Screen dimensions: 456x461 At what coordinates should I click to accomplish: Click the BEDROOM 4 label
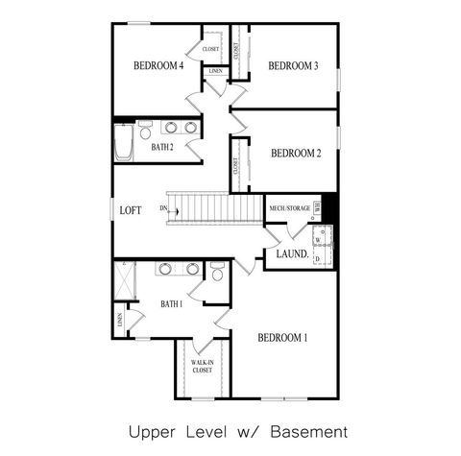[x=158, y=66]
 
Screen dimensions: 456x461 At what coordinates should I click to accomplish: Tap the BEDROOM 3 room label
[x=293, y=66]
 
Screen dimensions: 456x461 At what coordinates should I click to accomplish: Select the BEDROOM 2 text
[x=295, y=153]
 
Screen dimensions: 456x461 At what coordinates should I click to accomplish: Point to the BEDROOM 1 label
[x=282, y=337]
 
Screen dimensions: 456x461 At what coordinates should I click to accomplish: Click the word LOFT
[x=131, y=210]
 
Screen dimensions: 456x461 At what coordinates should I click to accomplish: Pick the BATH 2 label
[x=162, y=147]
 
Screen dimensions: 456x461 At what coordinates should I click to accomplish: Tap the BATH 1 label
[x=171, y=304]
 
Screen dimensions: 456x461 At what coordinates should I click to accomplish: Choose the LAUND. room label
[x=292, y=254]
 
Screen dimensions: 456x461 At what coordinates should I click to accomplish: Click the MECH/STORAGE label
[x=289, y=207]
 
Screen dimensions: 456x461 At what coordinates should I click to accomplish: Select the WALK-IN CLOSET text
[x=202, y=365]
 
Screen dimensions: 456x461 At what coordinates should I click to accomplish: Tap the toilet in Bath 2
[x=144, y=125]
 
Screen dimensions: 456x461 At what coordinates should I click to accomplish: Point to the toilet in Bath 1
[x=218, y=276]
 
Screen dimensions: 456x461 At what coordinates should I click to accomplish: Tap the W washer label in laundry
[x=317, y=240]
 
